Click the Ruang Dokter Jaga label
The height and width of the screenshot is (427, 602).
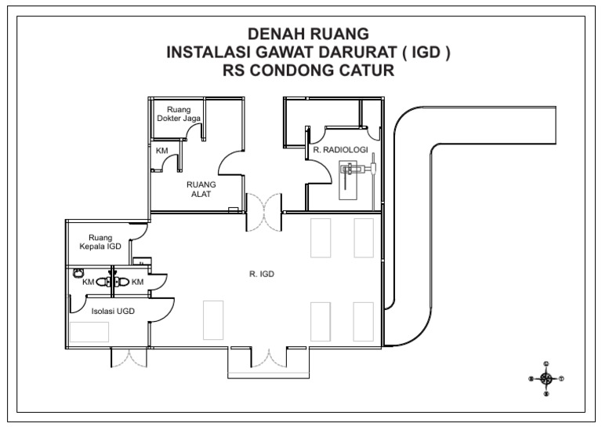coord(179,114)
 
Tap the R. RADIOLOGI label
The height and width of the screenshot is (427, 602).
coord(336,148)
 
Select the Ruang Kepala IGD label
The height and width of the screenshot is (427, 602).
coord(100,242)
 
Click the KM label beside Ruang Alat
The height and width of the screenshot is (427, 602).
coord(161,150)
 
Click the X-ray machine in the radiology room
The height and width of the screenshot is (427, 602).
coord(355,170)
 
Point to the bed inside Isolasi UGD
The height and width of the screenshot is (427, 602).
coord(89,331)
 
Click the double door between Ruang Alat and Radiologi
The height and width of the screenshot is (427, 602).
coord(264,212)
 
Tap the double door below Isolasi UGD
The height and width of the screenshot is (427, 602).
coord(128,357)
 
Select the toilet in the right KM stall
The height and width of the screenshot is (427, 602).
coord(121,281)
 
